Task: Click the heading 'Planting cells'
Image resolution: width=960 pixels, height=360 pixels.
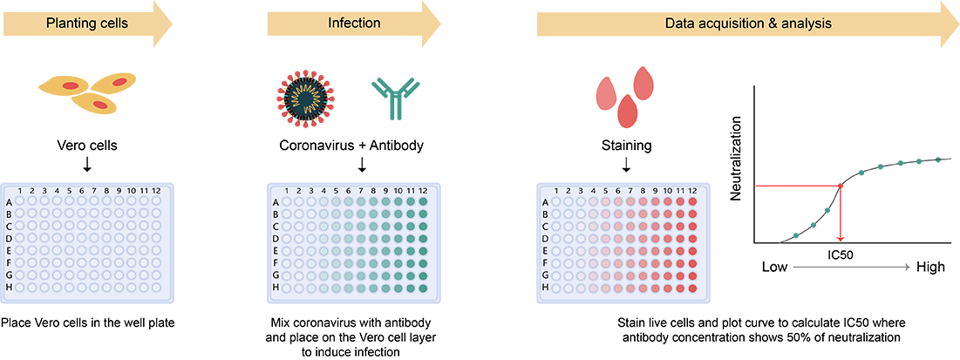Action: point(87,23)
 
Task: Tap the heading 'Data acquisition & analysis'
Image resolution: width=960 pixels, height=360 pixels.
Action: point(747,23)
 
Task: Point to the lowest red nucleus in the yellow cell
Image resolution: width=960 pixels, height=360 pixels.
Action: point(100,105)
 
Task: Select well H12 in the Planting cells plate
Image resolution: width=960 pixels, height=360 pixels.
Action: point(157,288)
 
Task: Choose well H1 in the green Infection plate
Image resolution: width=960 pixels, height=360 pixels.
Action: point(300,288)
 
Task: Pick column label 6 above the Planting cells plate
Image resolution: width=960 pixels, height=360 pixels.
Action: point(83,191)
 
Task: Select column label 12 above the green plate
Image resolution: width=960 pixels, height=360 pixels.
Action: point(423,191)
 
